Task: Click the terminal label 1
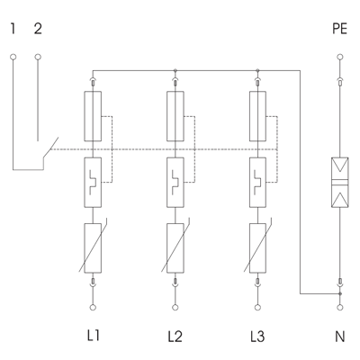(13, 29)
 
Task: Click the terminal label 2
(38, 29)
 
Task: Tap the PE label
(340, 29)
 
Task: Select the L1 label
(93, 336)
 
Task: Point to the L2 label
(175, 336)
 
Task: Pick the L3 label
(257, 336)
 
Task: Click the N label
(340, 336)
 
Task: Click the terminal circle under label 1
(13, 57)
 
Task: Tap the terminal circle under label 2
(38, 57)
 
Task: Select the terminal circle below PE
(340, 57)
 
